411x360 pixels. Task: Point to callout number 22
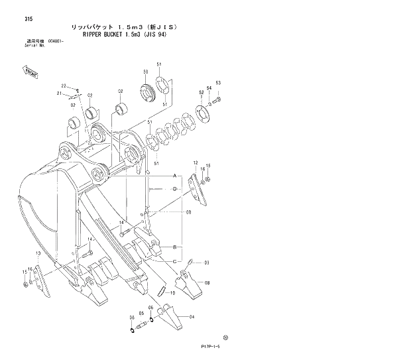point(64,86)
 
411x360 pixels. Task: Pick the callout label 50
point(145,71)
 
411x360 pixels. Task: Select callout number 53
point(217,83)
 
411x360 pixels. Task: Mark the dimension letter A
point(174,176)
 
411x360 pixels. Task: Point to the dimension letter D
point(174,189)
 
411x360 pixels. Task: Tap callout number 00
point(188,213)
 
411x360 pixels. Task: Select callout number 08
point(207,283)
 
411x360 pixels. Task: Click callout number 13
point(38,253)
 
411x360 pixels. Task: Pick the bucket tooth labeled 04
point(174,318)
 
